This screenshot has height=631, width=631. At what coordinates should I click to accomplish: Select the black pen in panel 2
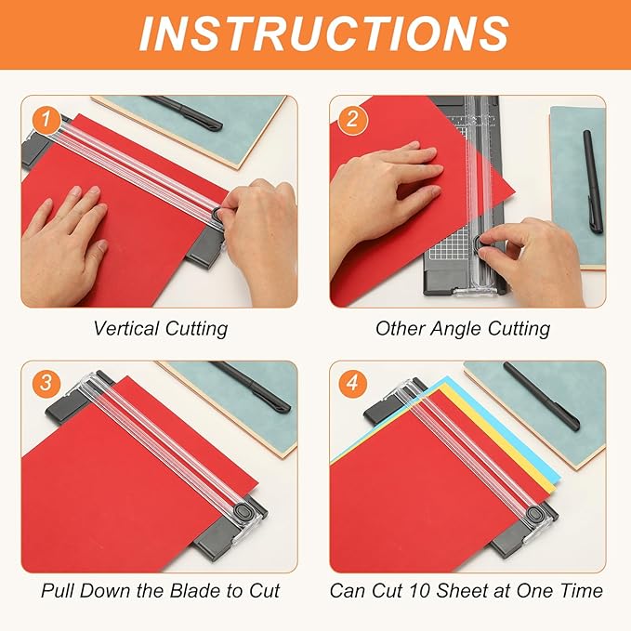(592, 180)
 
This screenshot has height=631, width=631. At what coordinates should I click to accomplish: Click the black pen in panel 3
(251, 386)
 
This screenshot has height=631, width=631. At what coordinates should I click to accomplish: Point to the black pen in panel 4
(542, 396)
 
